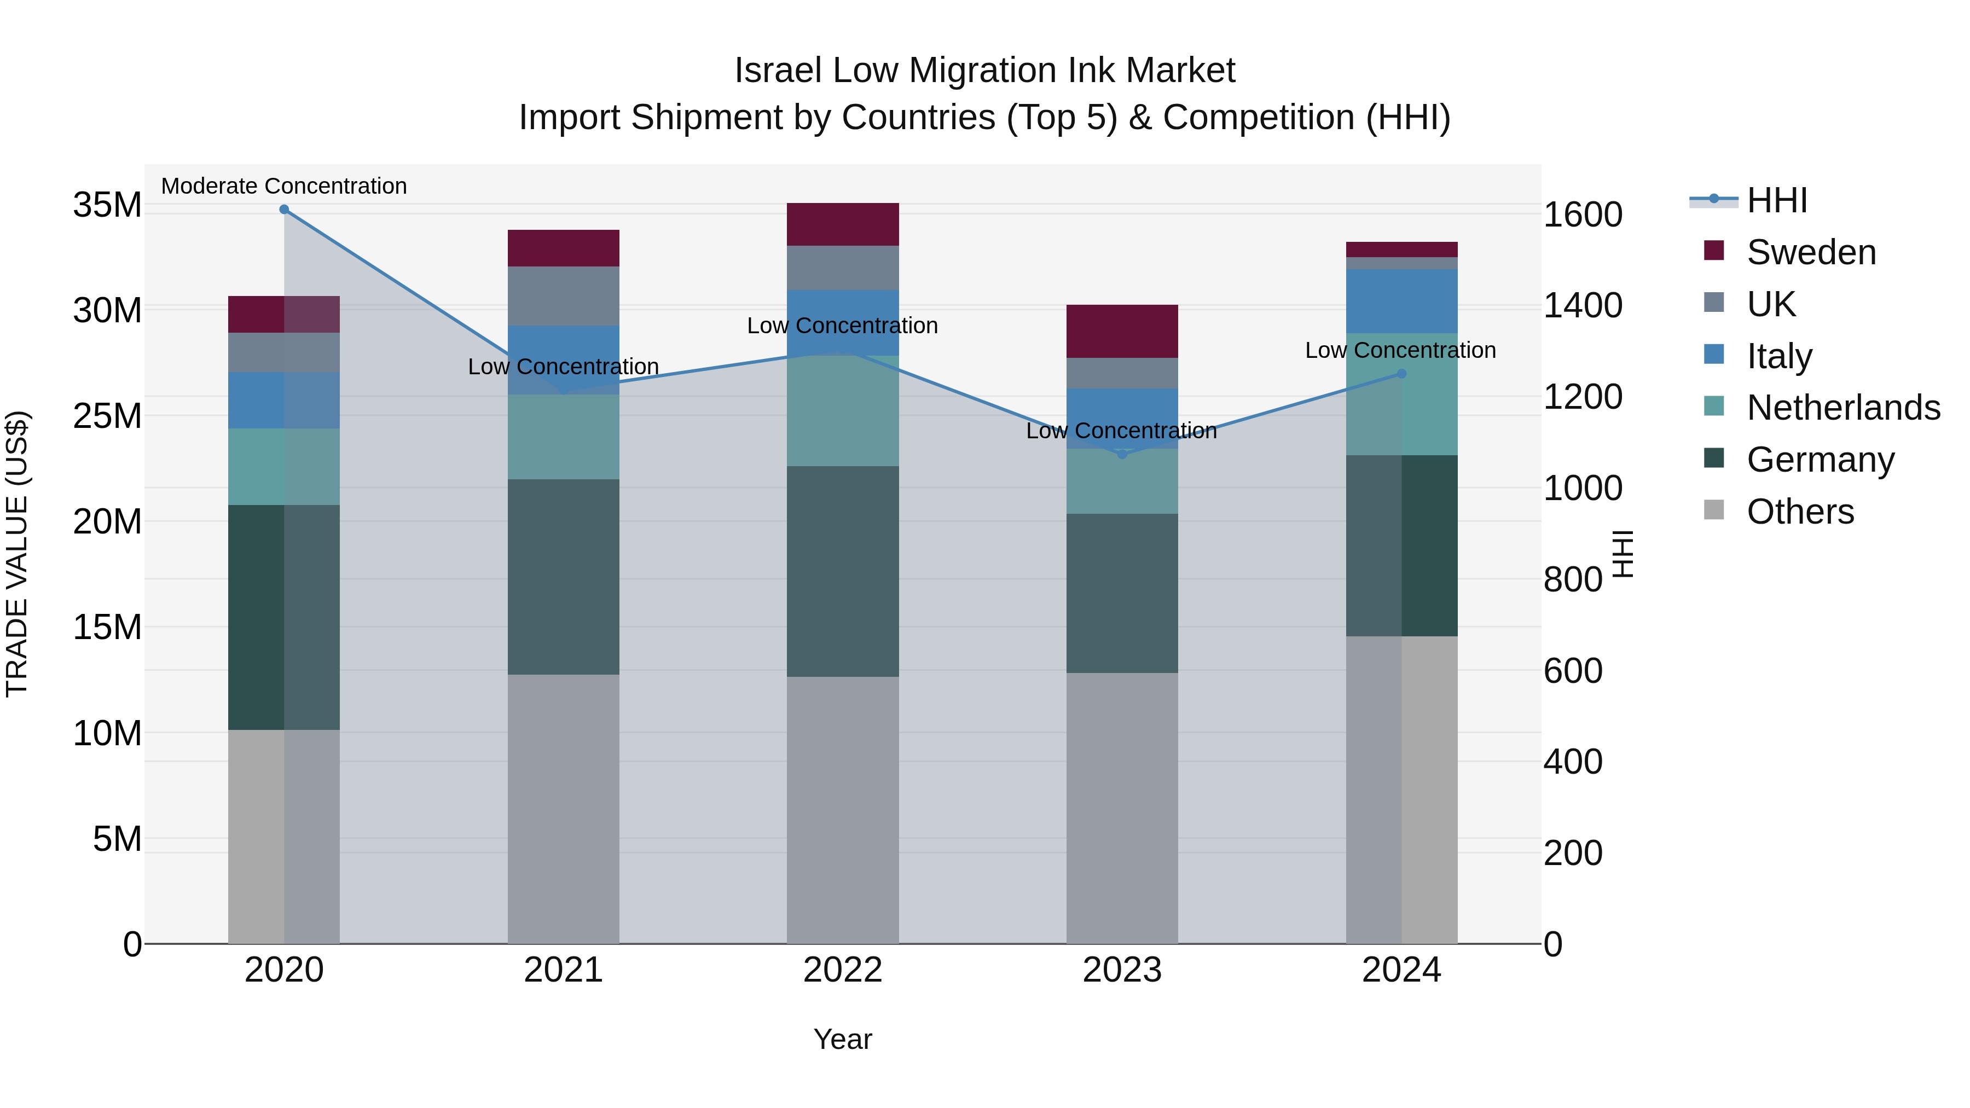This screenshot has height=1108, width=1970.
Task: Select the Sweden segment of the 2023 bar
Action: click(1122, 331)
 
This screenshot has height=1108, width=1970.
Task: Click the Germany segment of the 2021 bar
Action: click(564, 577)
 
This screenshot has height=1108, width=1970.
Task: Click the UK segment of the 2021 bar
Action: click(564, 296)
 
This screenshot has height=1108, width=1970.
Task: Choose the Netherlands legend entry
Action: click(1843, 408)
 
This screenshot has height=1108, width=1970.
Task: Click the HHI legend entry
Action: click(1776, 200)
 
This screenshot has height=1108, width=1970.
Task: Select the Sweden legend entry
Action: click(1811, 252)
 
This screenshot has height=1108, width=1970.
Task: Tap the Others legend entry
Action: click(1800, 512)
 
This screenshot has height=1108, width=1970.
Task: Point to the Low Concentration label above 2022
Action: click(842, 326)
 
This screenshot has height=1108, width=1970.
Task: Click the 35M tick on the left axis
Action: click(107, 205)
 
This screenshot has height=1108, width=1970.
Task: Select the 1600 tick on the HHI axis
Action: click(1582, 215)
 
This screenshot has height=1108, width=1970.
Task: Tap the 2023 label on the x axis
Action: click(1122, 970)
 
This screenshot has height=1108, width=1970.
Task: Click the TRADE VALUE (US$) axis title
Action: click(17, 554)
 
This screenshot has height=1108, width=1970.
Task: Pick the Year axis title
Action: click(842, 1039)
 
